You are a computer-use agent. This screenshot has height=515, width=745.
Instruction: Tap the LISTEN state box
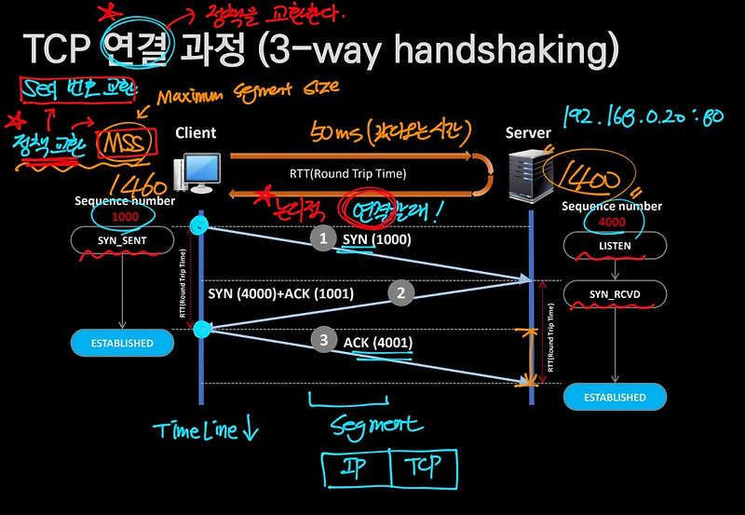pos(616,246)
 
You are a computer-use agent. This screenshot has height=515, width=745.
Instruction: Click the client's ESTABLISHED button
pos(122,343)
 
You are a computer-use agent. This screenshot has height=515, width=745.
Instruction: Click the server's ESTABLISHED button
pos(615,397)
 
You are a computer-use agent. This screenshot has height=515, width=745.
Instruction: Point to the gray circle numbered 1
pos(323,239)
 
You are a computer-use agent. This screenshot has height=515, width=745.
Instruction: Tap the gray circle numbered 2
pos(401,293)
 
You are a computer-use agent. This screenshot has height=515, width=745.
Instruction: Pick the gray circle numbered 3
pos(323,341)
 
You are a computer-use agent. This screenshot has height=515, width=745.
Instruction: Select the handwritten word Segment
pos(375,426)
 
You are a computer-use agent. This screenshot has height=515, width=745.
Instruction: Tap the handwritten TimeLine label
pos(207,429)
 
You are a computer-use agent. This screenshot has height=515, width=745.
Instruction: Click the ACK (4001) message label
pos(378,343)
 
